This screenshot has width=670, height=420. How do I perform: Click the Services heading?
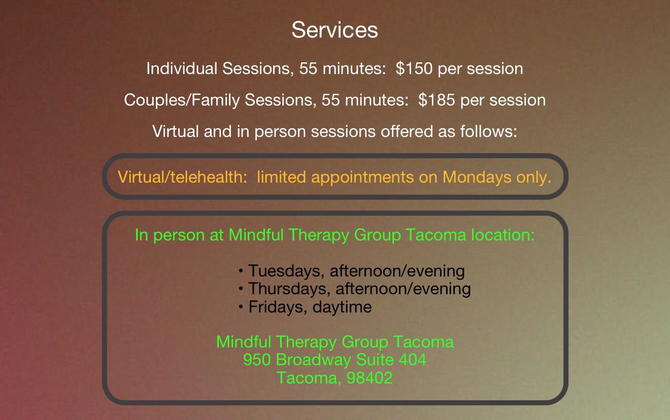tap(334, 30)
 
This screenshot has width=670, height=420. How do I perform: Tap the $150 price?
tap(414, 68)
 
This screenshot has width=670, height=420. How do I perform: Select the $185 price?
tap(437, 100)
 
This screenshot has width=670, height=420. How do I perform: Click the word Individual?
tap(182, 68)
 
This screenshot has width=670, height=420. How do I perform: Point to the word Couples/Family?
tap(182, 100)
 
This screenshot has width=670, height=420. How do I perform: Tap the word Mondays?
tap(477, 178)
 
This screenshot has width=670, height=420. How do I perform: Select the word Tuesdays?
tap(286, 271)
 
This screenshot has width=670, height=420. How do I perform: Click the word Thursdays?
tap(289, 289)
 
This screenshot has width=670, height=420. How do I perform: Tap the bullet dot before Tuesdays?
tap(241, 271)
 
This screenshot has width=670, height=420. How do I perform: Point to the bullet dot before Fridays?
tap(241, 307)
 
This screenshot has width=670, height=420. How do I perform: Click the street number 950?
tap(257, 360)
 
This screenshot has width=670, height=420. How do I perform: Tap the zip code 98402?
tap(370, 378)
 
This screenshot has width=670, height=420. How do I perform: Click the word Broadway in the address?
tap(313, 360)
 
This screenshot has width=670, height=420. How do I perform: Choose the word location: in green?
tap(503, 235)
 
